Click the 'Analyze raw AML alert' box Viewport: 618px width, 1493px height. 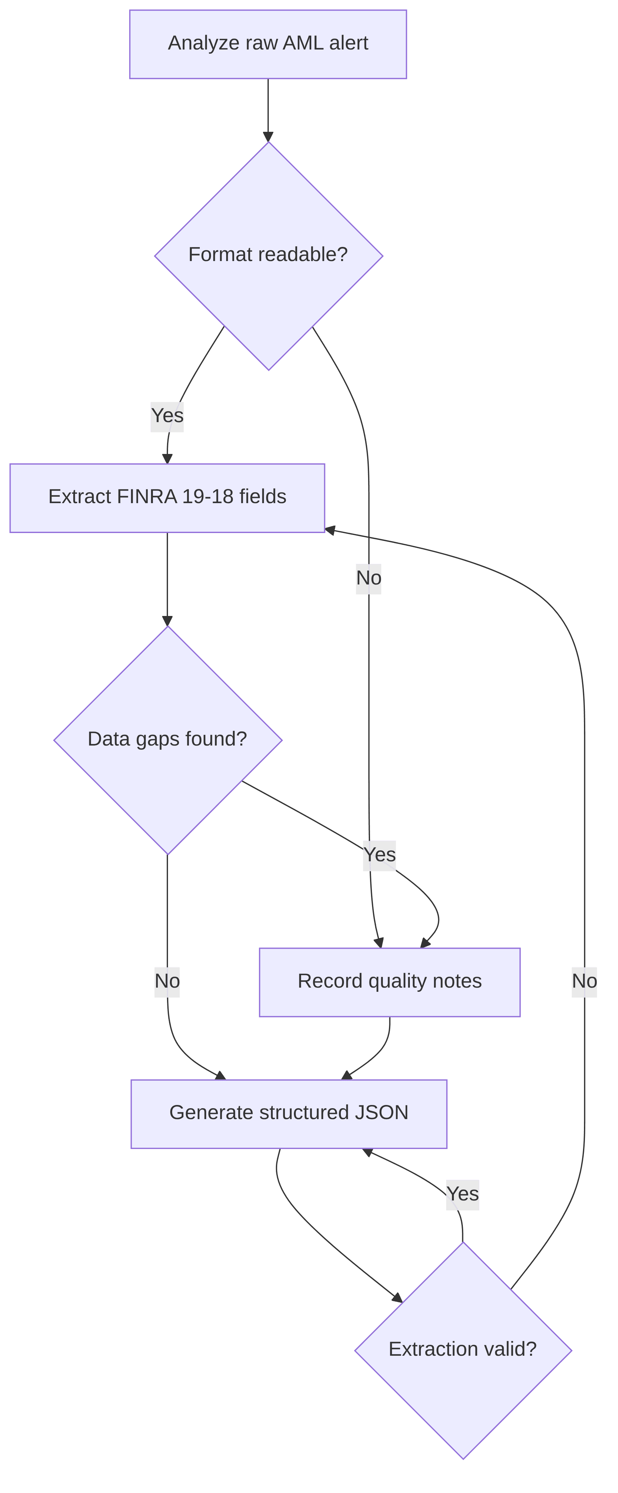pyautogui.click(x=268, y=44)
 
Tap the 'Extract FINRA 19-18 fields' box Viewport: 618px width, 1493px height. pyautogui.click(x=167, y=498)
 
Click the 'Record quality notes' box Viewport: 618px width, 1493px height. pyautogui.click(x=390, y=982)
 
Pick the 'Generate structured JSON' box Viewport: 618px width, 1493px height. pyautogui.click(x=289, y=1114)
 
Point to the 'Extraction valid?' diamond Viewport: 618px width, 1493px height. pyautogui.click(x=463, y=1351)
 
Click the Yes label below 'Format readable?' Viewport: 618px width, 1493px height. pyautogui.click(x=167, y=416)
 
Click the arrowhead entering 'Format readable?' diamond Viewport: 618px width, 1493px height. pyautogui.click(x=268, y=136)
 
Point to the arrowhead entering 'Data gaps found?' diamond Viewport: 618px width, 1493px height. pyautogui.click(x=167, y=621)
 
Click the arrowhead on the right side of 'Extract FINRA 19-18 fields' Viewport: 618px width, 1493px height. pyautogui.click(x=330, y=530)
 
